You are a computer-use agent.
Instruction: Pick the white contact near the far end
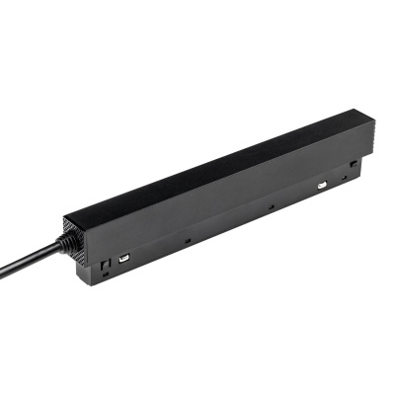pyautogui.click(x=323, y=184)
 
